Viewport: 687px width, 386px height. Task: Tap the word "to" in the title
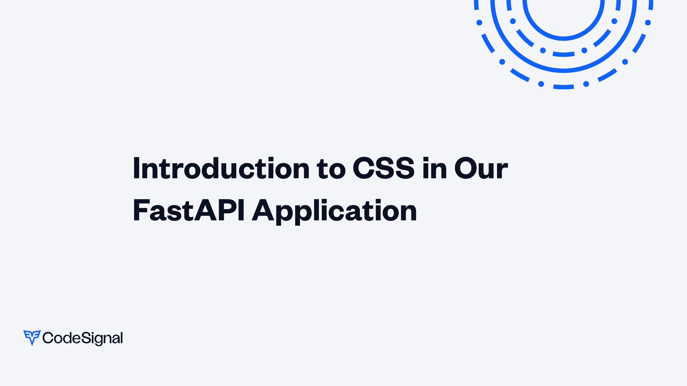coord(331,169)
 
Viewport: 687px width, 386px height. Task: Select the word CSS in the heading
coord(383,168)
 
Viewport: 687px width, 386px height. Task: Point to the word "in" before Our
coord(435,168)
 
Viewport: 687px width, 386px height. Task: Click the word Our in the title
coord(481,168)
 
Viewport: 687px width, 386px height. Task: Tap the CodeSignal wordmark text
coord(83,338)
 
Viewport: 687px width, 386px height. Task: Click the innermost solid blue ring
coord(564,39)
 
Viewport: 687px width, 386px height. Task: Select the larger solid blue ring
coord(564,71)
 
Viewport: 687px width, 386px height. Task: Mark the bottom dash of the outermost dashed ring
coord(564,87)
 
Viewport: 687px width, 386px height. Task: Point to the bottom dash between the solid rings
coord(564,54)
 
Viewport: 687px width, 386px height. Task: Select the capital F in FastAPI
coord(141,210)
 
